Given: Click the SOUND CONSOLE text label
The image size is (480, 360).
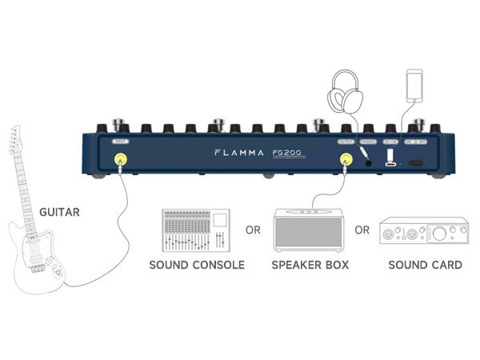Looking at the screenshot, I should [x=197, y=264].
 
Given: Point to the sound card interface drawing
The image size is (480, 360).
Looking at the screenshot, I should [x=423, y=233].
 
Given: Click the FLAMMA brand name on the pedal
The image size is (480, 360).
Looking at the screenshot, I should [x=238, y=152].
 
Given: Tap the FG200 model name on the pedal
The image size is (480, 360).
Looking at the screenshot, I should [x=285, y=152].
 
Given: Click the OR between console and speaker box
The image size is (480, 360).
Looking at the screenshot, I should [x=253, y=230].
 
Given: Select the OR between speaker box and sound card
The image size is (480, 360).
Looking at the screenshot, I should [x=362, y=230].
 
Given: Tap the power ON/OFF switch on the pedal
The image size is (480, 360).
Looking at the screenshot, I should [x=415, y=162].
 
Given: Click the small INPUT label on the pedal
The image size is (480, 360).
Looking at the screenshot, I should [x=120, y=141].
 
